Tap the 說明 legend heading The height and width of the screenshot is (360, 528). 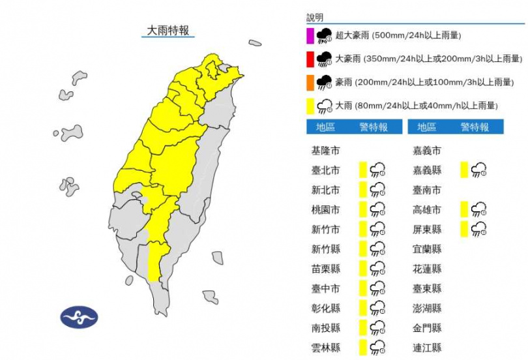click(x=315, y=18)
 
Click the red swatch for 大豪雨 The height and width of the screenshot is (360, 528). click(x=310, y=59)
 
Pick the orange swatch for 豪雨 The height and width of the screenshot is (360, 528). click(x=310, y=82)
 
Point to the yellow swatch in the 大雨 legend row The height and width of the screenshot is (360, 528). click(x=310, y=106)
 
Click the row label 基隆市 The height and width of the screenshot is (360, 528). click(x=325, y=151)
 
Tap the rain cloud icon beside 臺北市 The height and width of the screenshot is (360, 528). click(x=377, y=171)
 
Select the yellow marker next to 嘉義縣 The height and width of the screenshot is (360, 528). click(x=464, y=171)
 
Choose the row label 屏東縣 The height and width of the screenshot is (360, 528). click(x=428, y=230)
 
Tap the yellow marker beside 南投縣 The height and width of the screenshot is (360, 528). click(x=362, y=327)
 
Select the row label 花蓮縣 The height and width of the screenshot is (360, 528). click(x=428, y=269)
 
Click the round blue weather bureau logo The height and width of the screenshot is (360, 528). click(x=79, y=317)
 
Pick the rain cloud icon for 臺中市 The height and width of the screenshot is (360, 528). click(x=377, y=288)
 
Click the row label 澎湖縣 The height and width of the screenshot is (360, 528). click(x=428, y=308)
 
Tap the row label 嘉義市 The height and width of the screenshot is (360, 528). click(x=428, y=151)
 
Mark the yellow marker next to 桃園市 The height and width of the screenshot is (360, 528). click(x=362, y=210)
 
